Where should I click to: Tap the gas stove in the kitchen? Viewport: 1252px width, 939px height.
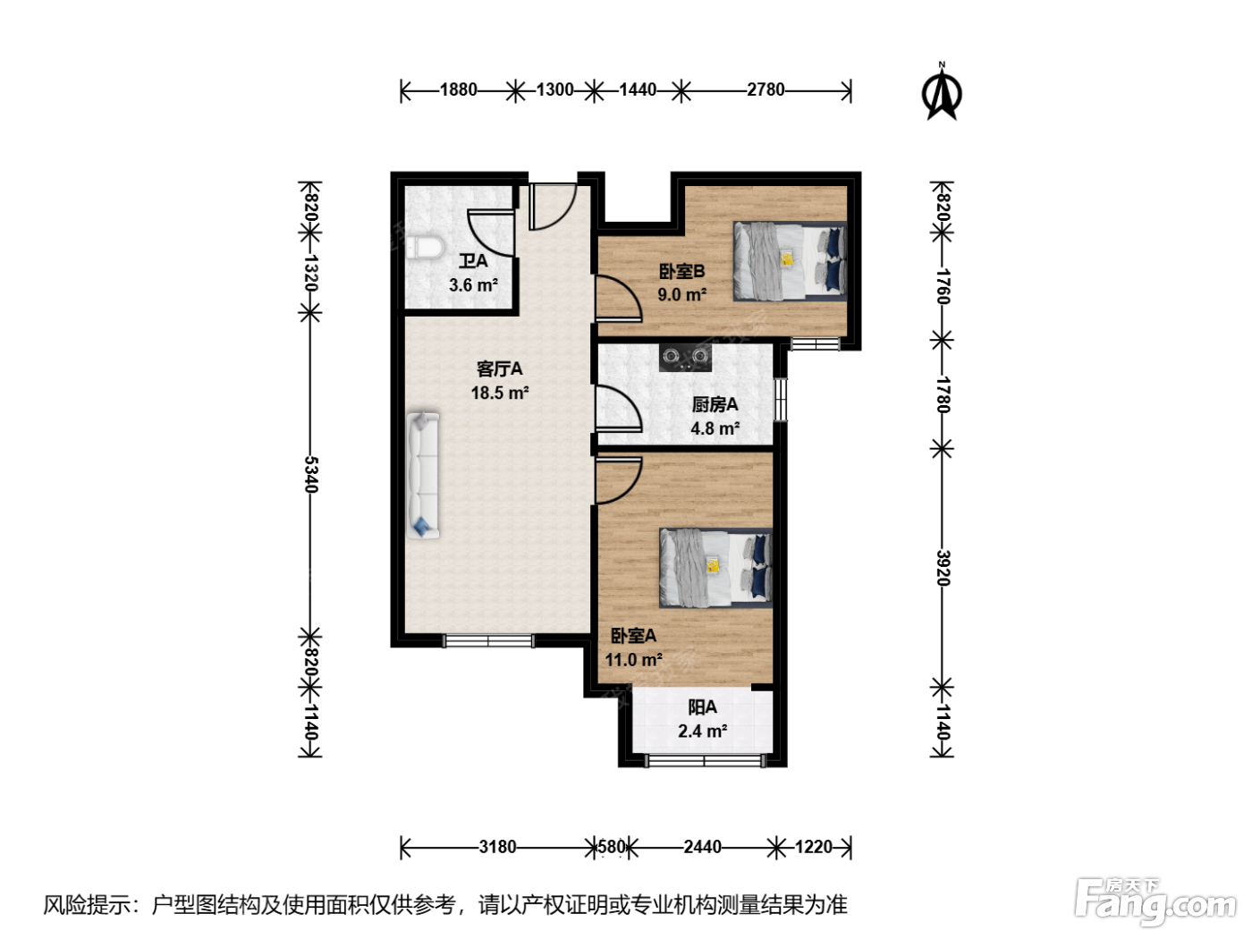tap(685, 357)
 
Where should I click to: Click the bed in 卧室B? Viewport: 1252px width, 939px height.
tap(790, 260)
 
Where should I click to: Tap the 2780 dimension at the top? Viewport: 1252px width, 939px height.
tap(766, 90)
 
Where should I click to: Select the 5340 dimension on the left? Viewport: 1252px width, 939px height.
tap(311, 474)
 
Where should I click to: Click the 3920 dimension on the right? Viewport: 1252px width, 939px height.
tap(943, 568)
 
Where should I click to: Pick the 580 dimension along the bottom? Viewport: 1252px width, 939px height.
tap(612, 847)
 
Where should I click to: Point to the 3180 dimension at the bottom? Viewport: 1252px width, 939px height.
tap(497, 847)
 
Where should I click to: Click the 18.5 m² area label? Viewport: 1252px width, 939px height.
tap(500, 393)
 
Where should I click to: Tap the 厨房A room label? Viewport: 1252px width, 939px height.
tap(715, 404)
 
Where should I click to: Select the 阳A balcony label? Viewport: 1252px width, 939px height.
tap(702, 707)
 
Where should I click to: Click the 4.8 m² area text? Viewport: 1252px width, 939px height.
tap(715, 428)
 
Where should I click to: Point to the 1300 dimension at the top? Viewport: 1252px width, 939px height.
tap(555, 90)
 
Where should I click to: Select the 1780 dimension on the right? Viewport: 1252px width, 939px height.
tap(943, 394)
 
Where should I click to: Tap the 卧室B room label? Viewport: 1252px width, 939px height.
tap(681, 271)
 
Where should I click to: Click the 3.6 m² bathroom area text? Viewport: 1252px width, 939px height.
tap(473, 284)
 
